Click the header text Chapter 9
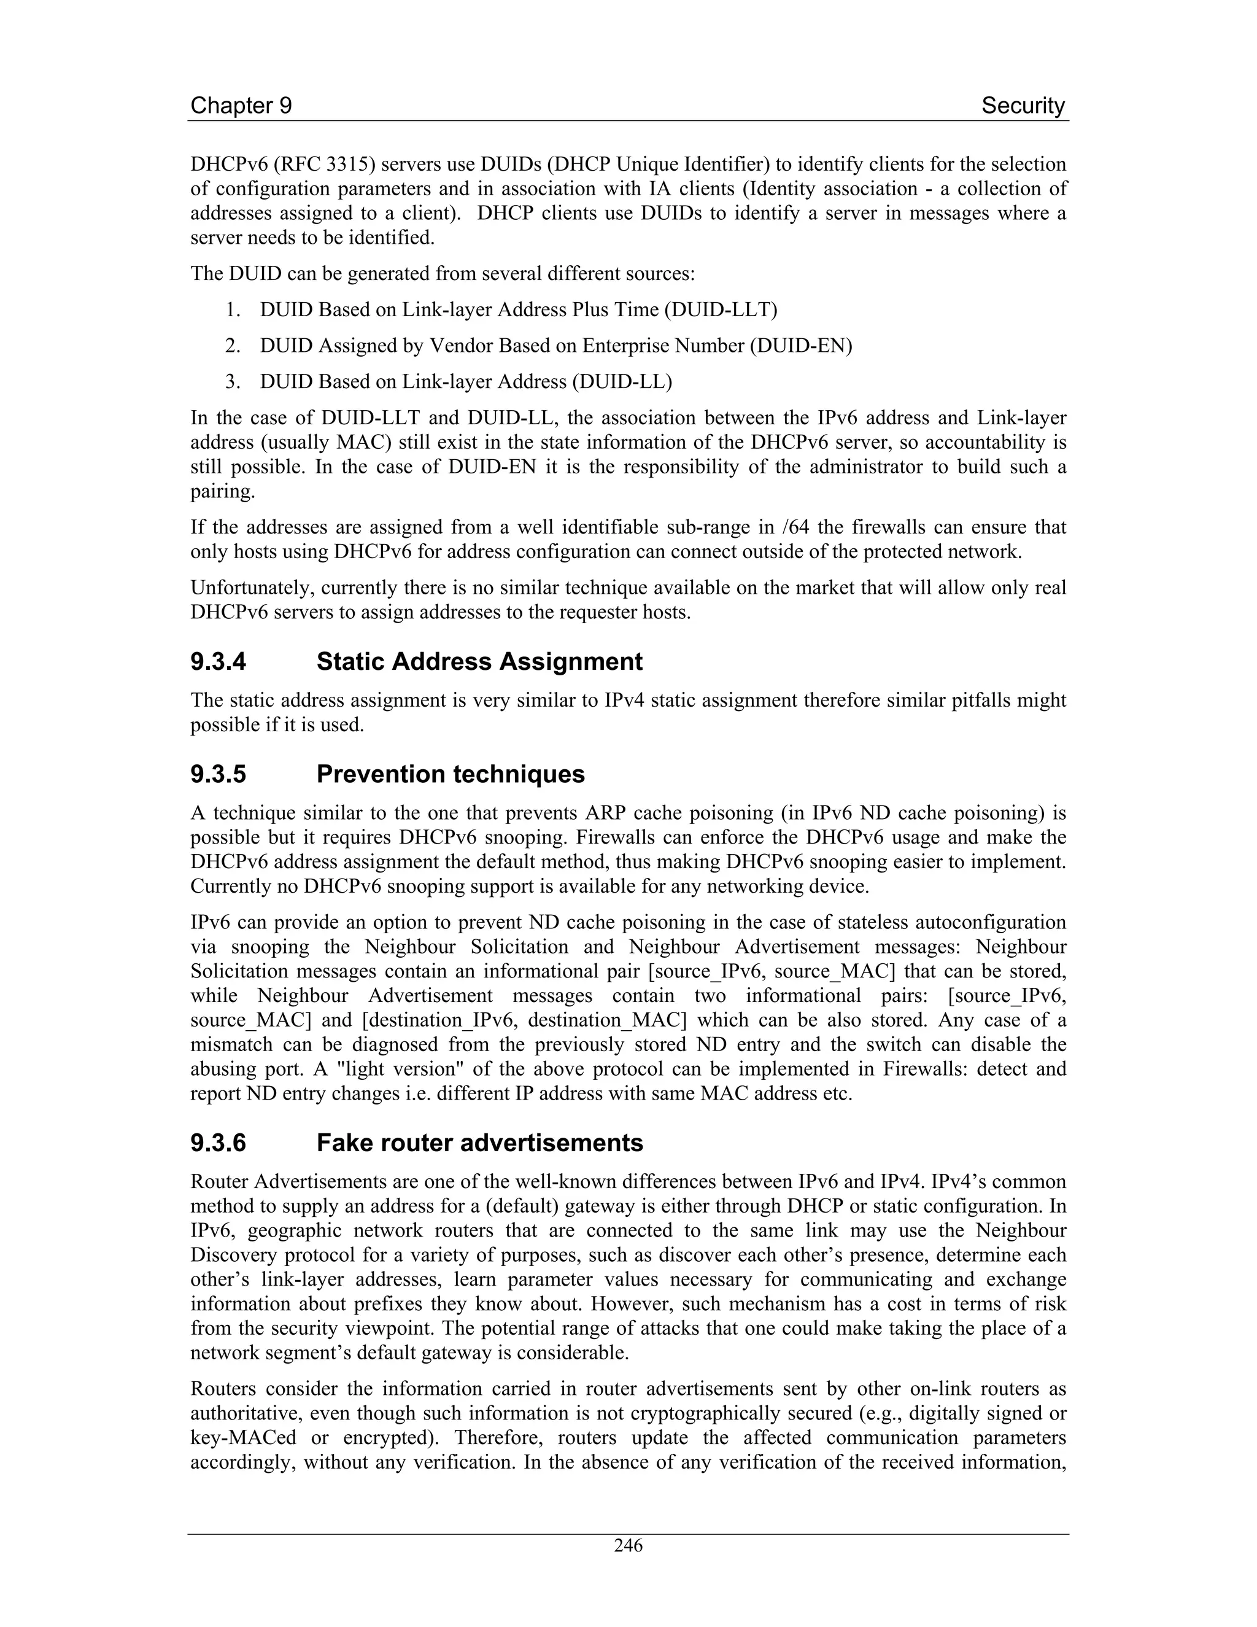click(241, 106)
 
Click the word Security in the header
click(1023, 106)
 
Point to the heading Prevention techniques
click(450, 774)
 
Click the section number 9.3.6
click(218, 1143)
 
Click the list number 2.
click(231, 346)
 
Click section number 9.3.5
click(218, 774)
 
